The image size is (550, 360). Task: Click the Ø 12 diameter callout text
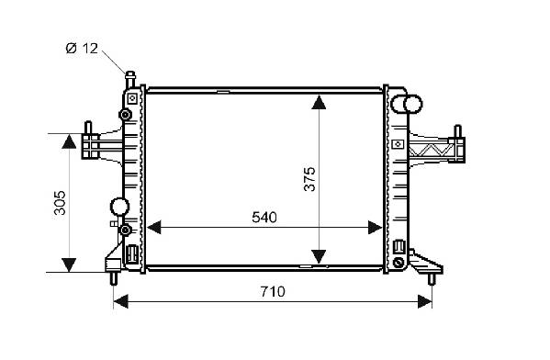point(82,48)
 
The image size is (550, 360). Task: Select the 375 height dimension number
point(309,179)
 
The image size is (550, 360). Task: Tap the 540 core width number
point(264,218)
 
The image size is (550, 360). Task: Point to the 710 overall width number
point(273,291)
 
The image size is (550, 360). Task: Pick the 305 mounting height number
point(60,202)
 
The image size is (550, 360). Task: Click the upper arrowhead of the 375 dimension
point(319,102)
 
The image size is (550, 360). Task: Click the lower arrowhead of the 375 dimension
point(319,256)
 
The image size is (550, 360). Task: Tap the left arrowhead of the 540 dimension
point(153,228)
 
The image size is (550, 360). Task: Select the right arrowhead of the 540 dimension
point(375,228)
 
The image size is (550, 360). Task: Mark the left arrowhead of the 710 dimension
point(121,302)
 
